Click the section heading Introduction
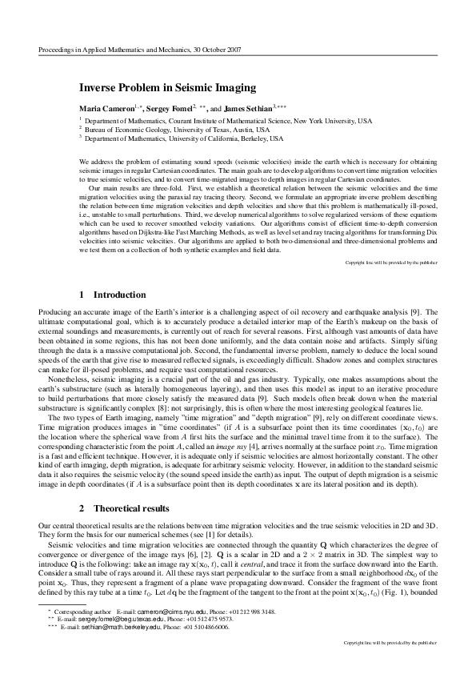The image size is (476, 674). coord(120,295)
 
